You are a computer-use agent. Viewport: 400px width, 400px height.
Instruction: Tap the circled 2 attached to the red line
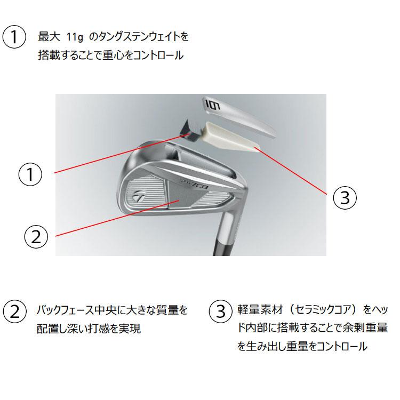pos(36,236)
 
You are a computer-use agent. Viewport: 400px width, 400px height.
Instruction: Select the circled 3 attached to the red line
pos(345,197)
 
